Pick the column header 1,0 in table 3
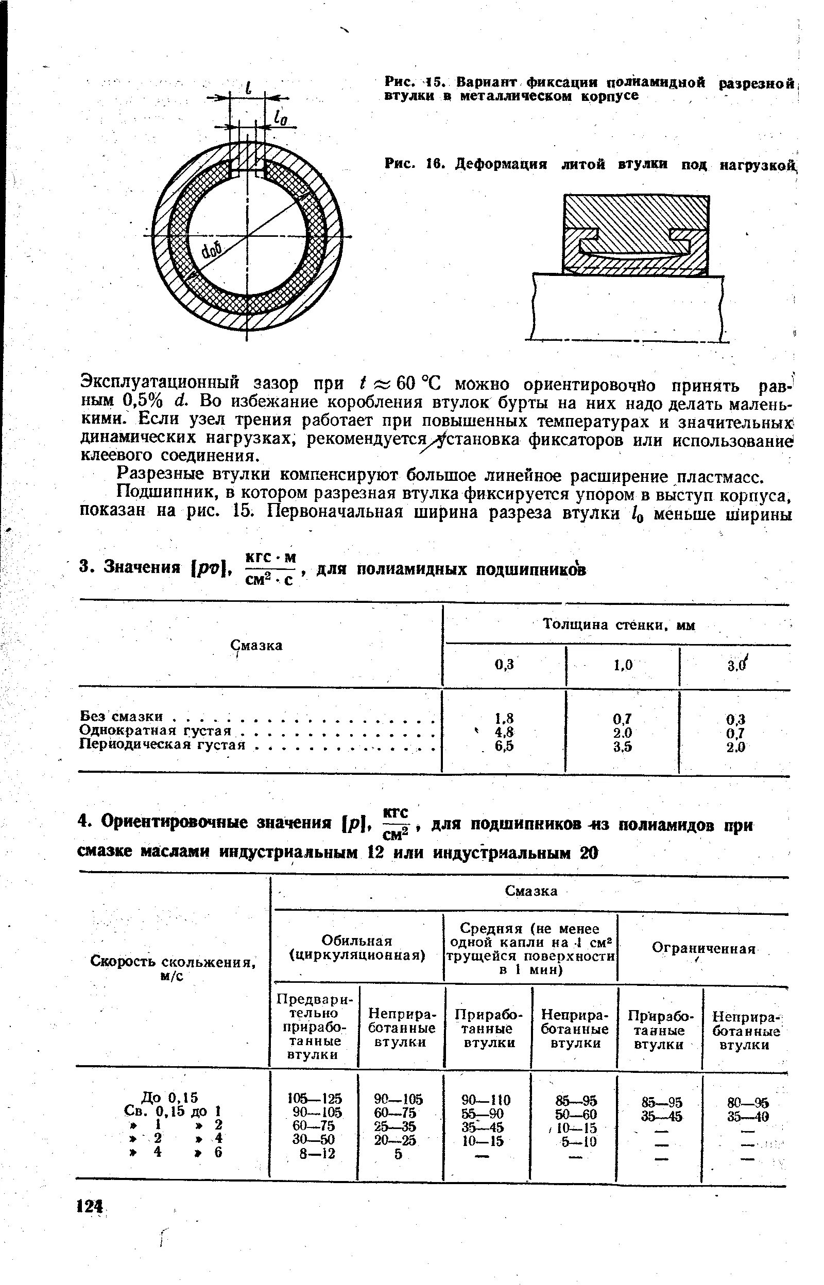click(x=623, y=665)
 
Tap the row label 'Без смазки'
click(x=121, y=716)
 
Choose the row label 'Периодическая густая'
click(x=162, y=744)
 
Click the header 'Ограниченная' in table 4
click(x=703, y=948)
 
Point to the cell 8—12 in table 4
click(x=317, y=1154)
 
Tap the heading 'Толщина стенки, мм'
click(x=619, y=624)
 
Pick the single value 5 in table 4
click(x=398, y=1154)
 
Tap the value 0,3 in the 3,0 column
click(x=736, y=719)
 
